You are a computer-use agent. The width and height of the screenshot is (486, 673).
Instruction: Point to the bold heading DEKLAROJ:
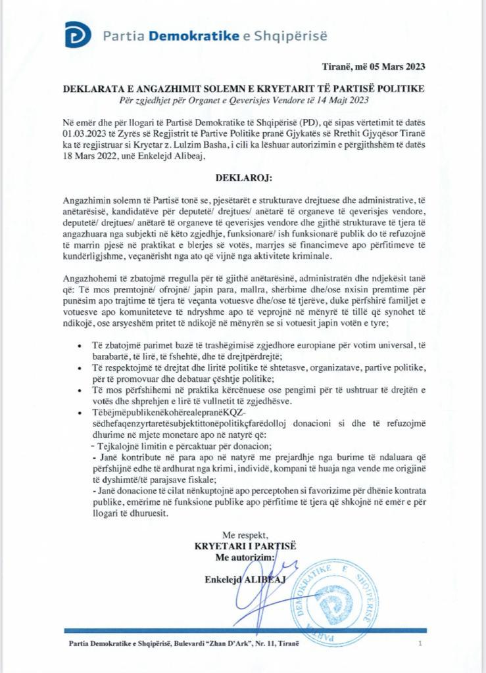coord(243,177)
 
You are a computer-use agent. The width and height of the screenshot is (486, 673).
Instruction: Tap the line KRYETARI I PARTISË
coord(245,546)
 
